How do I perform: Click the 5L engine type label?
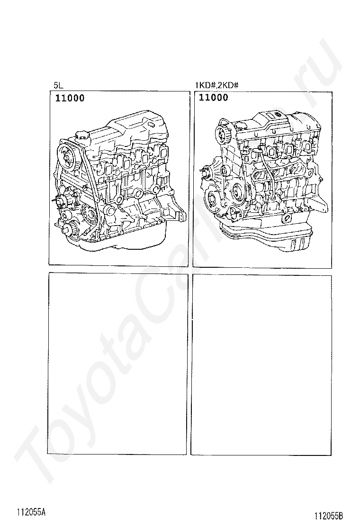click(58, 86)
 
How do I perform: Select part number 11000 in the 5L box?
click(70, 98)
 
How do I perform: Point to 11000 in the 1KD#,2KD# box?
click(214, 98)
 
